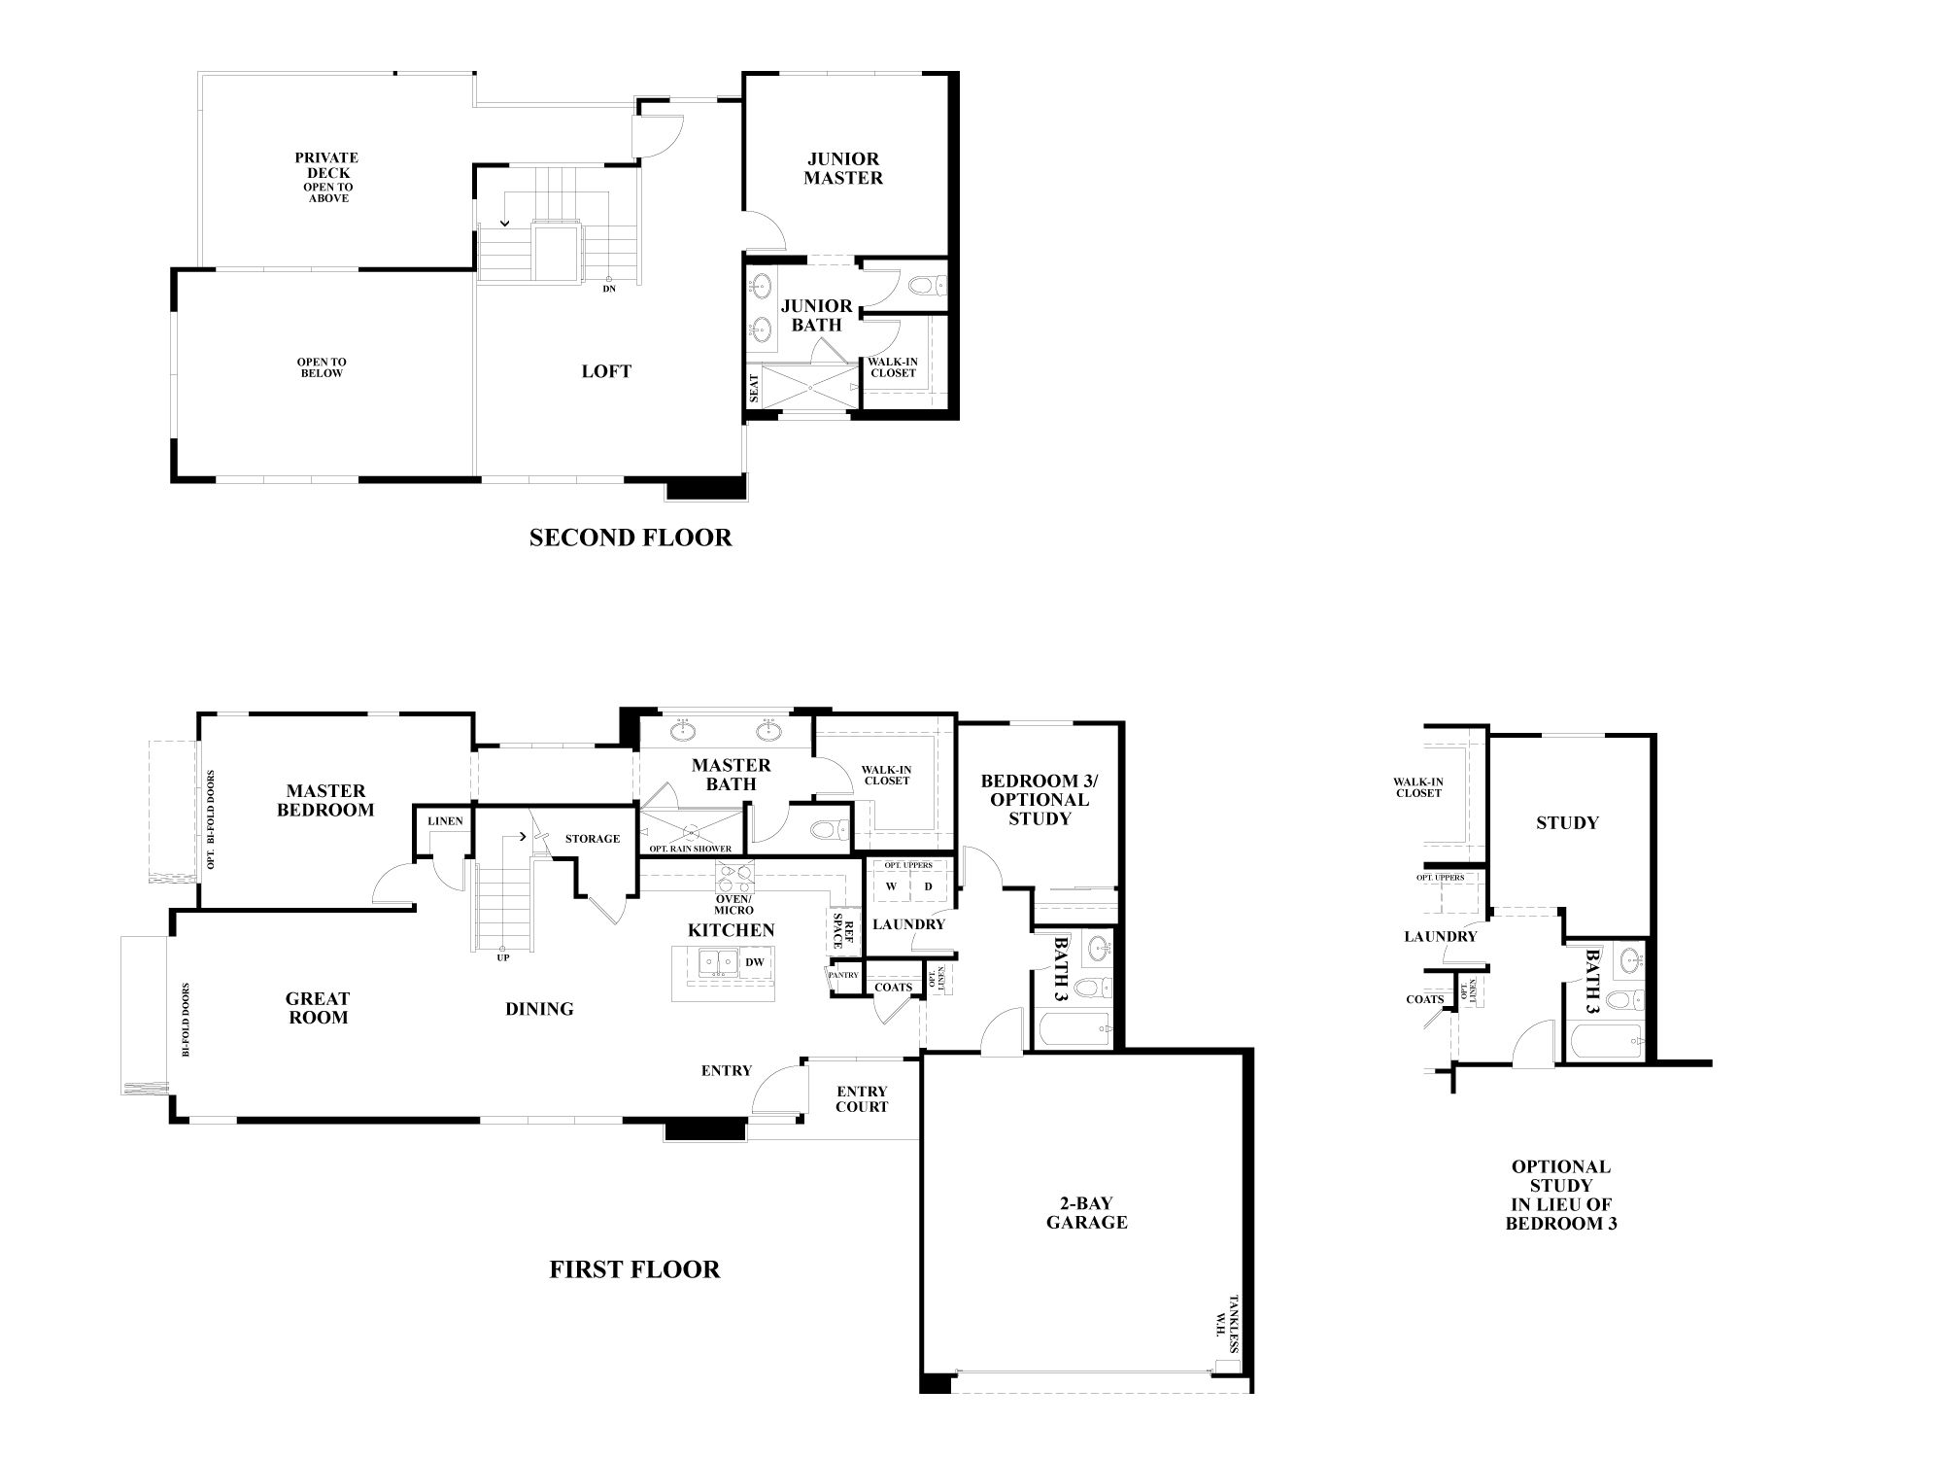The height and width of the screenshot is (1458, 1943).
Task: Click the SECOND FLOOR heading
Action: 631,538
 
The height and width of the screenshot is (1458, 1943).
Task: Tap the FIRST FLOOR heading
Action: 634,1269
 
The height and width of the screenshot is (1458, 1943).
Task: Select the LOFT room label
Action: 606,371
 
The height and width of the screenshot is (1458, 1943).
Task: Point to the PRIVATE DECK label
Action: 327,165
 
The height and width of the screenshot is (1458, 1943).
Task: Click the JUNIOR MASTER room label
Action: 843,168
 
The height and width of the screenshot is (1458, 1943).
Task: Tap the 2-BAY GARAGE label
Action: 1086,1213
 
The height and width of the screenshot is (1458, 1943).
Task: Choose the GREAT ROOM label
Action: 318,1008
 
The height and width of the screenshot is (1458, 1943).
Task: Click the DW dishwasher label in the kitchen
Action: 755,962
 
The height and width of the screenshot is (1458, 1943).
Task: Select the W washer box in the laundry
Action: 891,886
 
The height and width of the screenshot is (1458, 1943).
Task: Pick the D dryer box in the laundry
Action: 928,886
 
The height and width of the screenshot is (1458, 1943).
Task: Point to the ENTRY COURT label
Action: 862,1099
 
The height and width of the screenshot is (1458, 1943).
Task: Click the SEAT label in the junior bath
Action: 754,389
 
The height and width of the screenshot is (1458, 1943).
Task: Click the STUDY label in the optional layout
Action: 1566,823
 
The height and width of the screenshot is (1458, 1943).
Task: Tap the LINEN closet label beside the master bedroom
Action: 445,821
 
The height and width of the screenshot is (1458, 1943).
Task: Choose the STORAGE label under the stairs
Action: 593,839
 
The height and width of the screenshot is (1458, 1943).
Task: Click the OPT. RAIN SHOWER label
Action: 691,850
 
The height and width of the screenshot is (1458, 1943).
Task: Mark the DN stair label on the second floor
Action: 609,289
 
